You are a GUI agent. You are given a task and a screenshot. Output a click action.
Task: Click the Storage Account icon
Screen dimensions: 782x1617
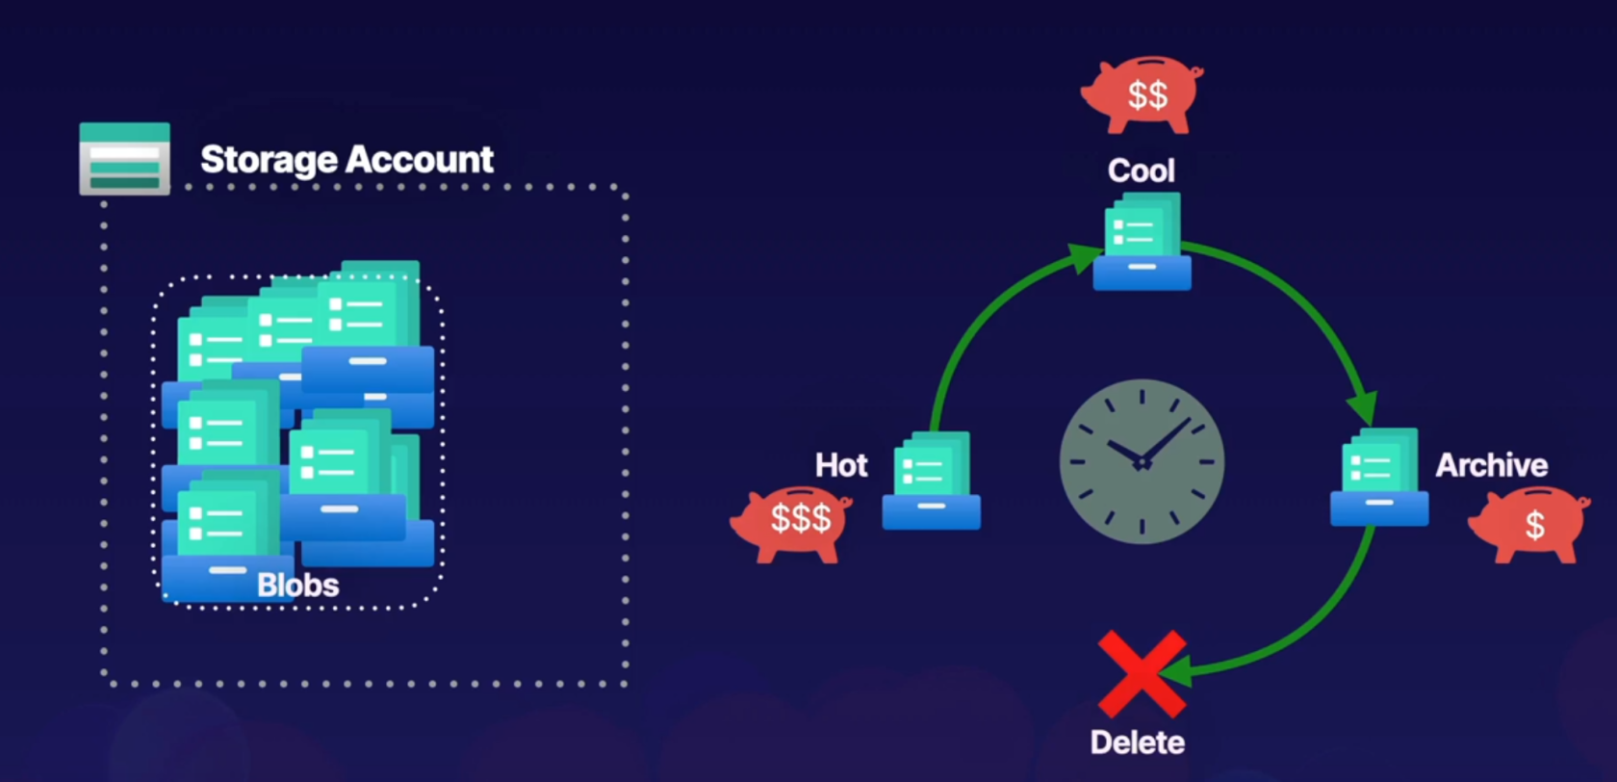point(124,159)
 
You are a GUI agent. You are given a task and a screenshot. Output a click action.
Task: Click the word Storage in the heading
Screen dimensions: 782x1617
point(269,160)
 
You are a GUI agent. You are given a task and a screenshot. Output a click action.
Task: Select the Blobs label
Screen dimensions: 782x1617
point(297,585)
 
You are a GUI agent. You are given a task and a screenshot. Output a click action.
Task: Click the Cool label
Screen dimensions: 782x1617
point(1141,171)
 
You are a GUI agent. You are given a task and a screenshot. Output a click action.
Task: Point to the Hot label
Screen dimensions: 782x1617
point(841,465)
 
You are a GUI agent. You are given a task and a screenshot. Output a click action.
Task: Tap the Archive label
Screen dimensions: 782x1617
point(1491,465)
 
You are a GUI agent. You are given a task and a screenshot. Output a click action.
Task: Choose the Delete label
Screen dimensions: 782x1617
point(1137,742)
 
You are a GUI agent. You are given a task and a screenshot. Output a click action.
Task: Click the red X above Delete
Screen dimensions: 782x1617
point(1142,673)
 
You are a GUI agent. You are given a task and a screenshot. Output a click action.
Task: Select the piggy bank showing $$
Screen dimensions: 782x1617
point(1143,94)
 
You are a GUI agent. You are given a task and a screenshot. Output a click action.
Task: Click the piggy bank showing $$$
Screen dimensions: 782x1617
point(792,521)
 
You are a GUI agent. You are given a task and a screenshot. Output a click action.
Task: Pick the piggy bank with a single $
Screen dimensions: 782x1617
point(1530,524)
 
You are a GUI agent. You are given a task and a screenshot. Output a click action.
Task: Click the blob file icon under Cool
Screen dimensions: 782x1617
point(1142,242)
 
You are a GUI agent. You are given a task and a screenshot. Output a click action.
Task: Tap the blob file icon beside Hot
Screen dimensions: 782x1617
point(931,481)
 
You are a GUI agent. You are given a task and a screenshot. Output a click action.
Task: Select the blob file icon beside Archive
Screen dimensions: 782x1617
point(1378,478)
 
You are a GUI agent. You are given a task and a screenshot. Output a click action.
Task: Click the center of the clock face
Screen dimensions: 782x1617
point(1142,462)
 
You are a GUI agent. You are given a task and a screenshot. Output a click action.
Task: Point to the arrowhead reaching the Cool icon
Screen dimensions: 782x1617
point(1086,257)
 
